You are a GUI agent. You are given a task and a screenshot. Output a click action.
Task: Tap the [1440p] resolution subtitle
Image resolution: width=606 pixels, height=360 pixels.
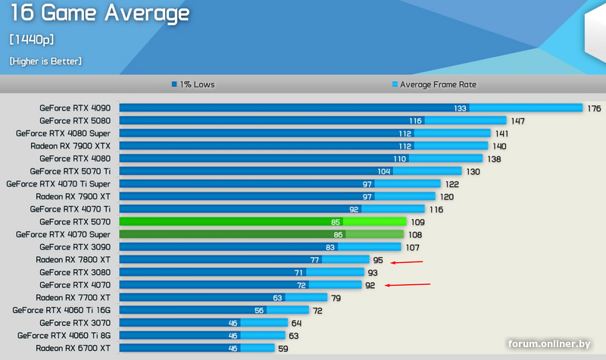(x=31, y=39)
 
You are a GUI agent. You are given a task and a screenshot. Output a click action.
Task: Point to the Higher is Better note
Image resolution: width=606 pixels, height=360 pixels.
(x=45, y=61)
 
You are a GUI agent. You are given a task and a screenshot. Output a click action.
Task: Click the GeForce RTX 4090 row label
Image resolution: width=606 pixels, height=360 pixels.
(x=75, y=108)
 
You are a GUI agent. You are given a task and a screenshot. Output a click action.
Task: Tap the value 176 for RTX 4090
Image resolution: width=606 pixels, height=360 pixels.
(x=593, y=108)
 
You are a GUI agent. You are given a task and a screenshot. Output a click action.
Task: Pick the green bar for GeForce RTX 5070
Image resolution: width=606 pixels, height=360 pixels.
(x=263, y=222)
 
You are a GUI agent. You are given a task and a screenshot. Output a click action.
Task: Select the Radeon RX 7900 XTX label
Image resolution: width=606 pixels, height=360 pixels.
(x=70, y=146)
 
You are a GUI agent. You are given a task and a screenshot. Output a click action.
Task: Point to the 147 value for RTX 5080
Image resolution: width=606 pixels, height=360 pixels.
(x=518, y=121)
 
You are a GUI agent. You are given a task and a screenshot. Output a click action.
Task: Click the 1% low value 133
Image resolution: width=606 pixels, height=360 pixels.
(x=460, y=108)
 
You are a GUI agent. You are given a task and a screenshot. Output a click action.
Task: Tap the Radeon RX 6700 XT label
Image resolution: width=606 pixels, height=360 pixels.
(x=73, y=348)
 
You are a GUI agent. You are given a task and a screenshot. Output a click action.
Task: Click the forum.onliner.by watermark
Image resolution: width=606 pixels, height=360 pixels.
(x=548, y=344)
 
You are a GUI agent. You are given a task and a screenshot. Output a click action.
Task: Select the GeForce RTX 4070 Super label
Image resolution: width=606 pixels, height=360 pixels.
(x=63, y=234)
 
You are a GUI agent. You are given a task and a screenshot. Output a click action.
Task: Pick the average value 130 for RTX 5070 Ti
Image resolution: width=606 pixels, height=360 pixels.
(x=473, y=172)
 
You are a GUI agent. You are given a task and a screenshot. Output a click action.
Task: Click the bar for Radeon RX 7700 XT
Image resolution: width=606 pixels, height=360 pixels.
(x=223, y=298)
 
